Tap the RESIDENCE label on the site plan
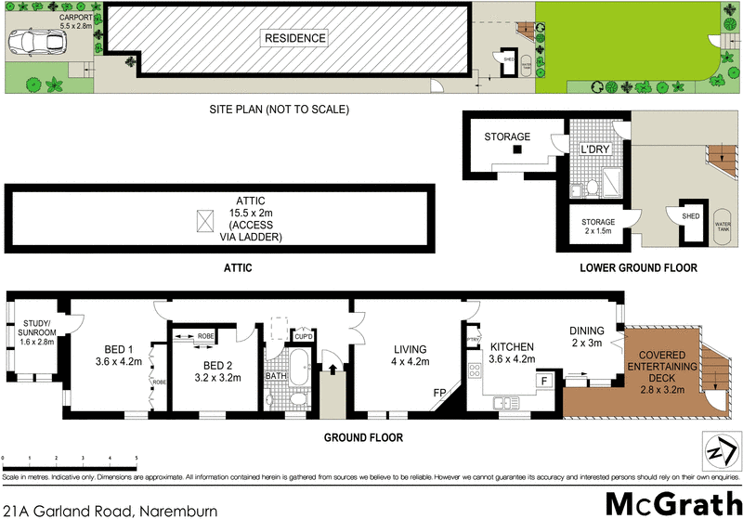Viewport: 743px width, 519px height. click(295, 39)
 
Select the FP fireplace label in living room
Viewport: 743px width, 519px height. click(440, 393)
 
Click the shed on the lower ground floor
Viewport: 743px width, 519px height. click(690, 219)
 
